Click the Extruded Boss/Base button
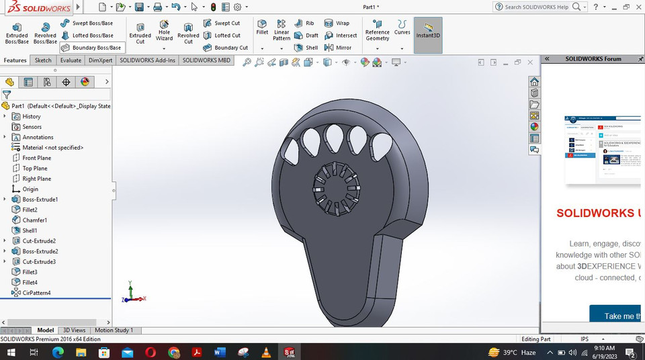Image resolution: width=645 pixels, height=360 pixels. tap(17, 33)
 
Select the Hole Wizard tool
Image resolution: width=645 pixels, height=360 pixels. tap(164, 33)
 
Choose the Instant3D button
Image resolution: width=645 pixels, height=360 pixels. tap(427, 30)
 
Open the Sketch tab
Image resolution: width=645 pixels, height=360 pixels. tap(43, 60)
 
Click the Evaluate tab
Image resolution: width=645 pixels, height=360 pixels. tap(71, 60)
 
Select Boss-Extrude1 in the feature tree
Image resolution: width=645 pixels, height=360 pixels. tap(40, 199)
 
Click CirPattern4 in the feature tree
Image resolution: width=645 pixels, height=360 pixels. tap(36, 293)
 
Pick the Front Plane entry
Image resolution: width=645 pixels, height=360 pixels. tap(36, 158)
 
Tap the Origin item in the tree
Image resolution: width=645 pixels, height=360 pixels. tap(30, 189)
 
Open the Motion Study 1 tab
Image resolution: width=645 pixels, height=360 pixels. tap(114, 330)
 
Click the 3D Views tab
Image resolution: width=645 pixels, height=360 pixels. tap(74, 330)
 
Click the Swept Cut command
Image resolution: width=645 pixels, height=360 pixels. tap(226, 24)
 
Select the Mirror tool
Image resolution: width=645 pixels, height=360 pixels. tap(343, 48)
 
